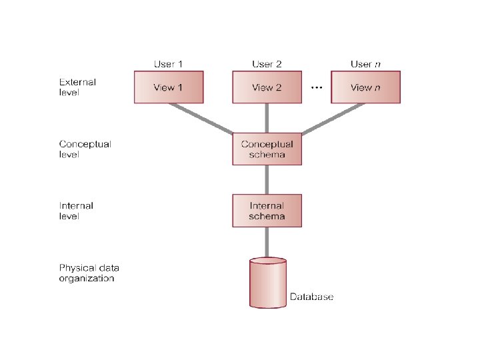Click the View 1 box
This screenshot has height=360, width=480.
169,87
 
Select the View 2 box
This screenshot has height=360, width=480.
267,87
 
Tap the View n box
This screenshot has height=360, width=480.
365,87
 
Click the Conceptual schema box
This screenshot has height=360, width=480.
267,149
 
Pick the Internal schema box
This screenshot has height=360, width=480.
267,211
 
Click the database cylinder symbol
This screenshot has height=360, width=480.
267,283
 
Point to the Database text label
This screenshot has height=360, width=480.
311,297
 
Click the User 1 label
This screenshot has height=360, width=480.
169,64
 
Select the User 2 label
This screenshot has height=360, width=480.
267,64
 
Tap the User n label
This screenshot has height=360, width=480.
365,64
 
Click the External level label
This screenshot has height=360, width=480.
77,87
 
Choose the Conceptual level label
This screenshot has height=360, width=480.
85,149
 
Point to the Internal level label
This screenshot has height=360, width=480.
76,211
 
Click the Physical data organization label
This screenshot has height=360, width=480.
89,273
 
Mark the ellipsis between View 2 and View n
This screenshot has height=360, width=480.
317,88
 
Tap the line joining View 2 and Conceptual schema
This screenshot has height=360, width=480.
267,118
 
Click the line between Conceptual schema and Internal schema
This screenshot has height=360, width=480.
267,179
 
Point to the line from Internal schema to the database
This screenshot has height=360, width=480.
267,241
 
